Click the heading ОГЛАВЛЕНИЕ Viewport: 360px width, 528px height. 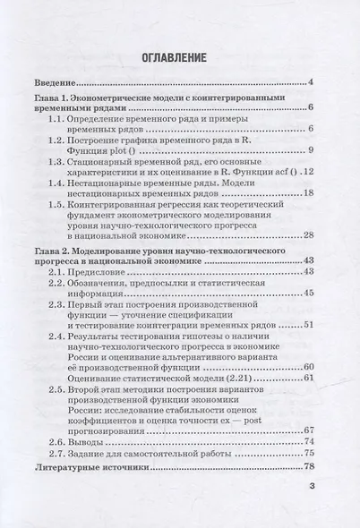pyautogui.click(x=180, y=59)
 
